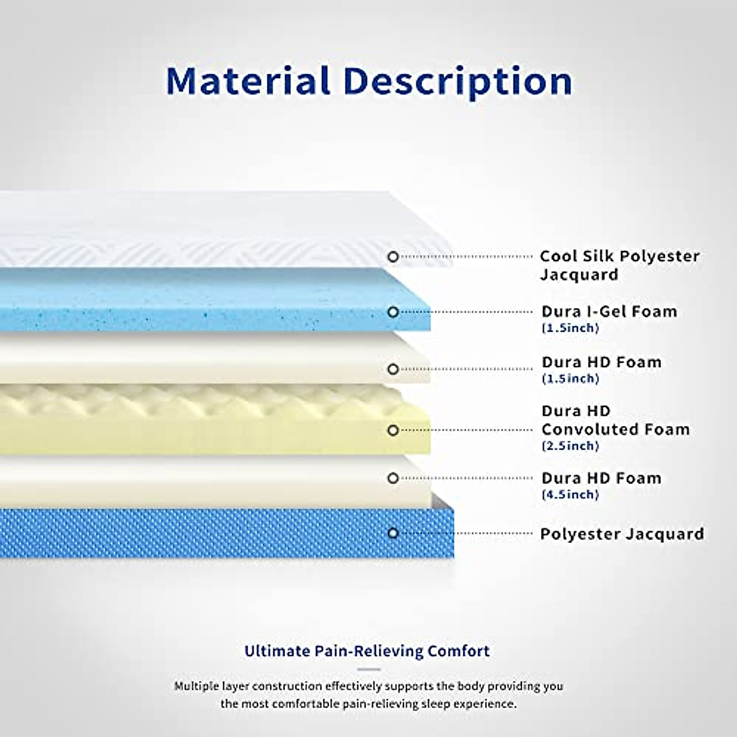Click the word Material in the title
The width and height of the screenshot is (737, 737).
tap(248, 81)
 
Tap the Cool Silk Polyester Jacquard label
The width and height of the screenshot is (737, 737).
tap(620, 265)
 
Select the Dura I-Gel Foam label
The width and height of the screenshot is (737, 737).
tap(609, 312)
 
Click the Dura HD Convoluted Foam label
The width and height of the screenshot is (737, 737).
tap(616, 420)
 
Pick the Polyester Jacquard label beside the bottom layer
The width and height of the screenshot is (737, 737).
tap(622, 534)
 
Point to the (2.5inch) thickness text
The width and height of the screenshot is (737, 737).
tap(570, 446)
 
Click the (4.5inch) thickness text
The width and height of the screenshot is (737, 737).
tap(570, 494)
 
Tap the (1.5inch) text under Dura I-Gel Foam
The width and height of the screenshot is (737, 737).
tap(570, 328)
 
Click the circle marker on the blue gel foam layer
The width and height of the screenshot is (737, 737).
tap(393, 312)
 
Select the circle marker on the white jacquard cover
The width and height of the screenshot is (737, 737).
tap(393, 257)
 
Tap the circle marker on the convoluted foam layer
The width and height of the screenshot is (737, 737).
tap(393, 431)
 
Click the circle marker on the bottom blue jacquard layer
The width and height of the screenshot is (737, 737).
tap(393, 533)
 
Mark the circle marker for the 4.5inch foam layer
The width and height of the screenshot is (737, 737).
tap(393, 478)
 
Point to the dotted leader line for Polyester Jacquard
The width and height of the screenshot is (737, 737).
tap(466, 533)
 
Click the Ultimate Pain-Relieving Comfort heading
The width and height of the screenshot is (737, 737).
tap(367, 651)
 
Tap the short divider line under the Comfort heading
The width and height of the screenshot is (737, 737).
tap(369, 669)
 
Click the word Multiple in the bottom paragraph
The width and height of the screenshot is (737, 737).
tap(197, 687)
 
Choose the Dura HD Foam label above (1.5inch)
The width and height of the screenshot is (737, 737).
tap(602, 362)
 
